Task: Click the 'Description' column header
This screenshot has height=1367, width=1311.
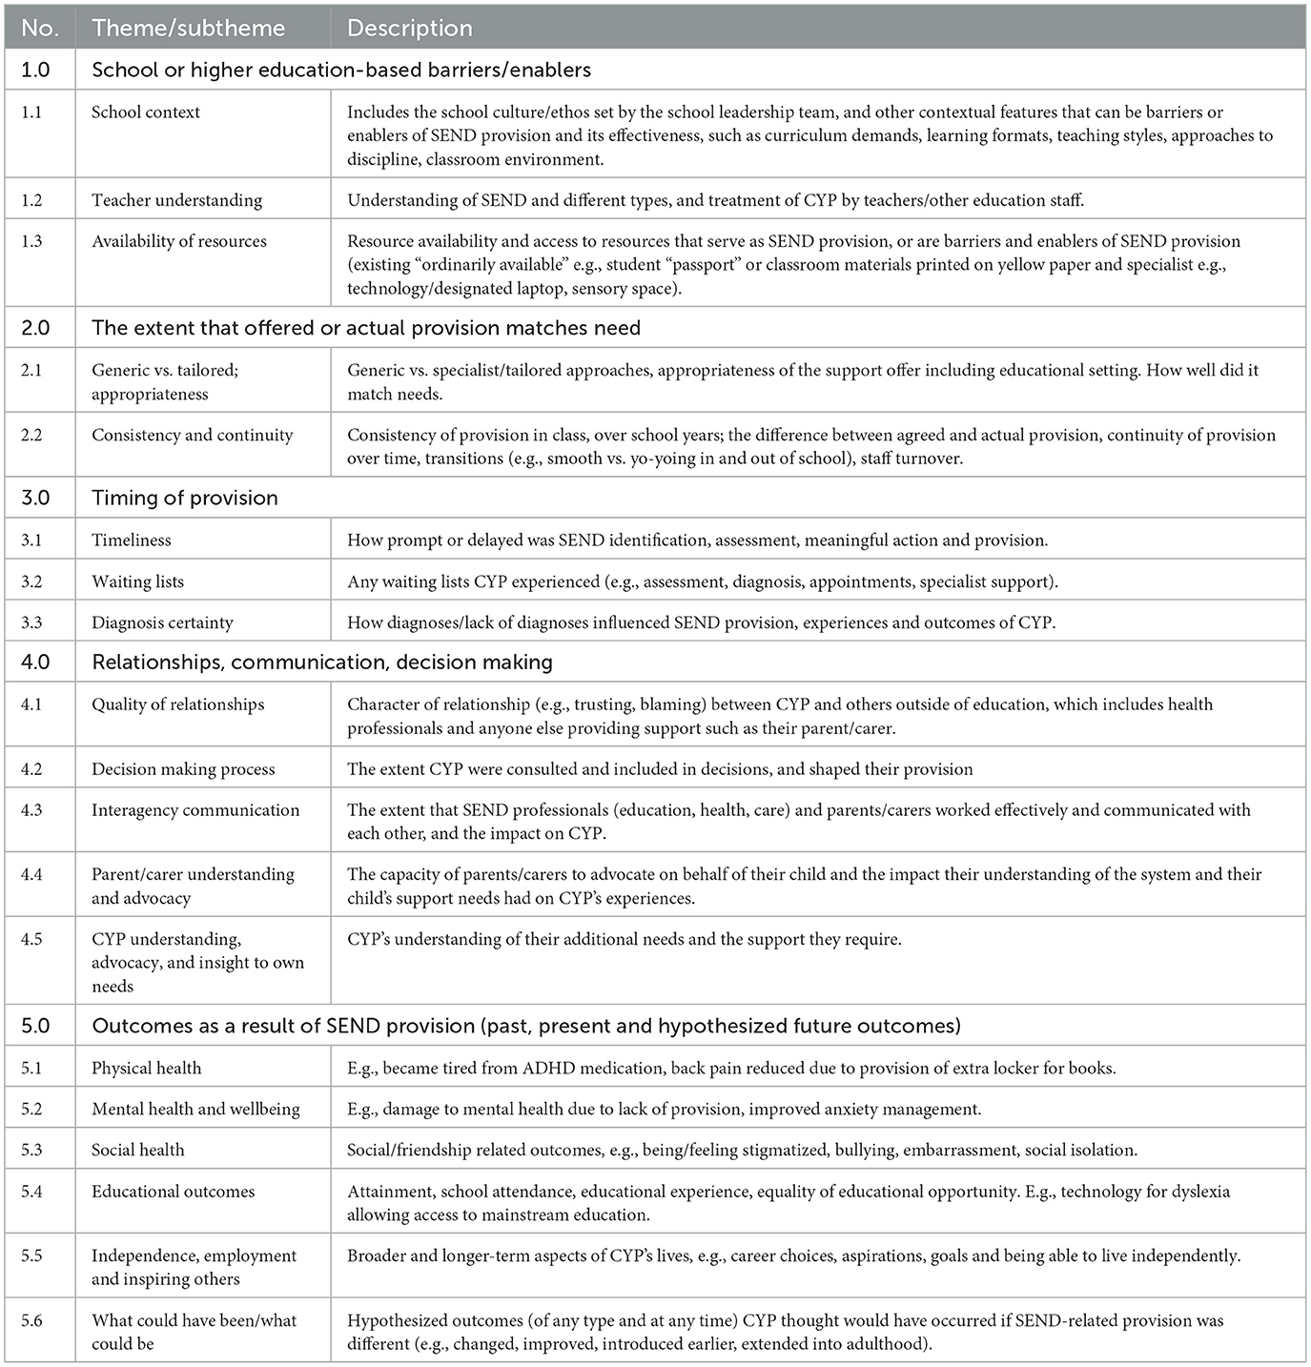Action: click(x=409, y=29)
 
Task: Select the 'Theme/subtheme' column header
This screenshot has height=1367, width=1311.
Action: click(x=188, y=29)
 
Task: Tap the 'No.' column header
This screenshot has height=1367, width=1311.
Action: click(x=39, y=29)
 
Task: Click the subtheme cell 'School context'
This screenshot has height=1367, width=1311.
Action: click(x=146, y=112)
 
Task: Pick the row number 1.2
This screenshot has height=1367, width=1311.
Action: click(x=31, y=200)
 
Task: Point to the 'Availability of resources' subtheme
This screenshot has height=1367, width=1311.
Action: click(x=179, y=241)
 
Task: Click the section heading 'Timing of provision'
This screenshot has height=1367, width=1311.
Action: click(x=185, y=498)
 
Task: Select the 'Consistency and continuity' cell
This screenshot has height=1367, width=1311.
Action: click(x=192, y=435)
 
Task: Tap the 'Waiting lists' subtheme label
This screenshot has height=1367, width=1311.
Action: click(x=137, y=581)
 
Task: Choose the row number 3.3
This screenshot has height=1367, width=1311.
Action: click(x=31, y=622)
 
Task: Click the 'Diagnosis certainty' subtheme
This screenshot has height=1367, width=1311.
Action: click(x=162, y=622)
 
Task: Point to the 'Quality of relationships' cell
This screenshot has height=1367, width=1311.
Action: click(x=177, y=704)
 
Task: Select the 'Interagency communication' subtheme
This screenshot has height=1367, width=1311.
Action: click(x=195, y=810)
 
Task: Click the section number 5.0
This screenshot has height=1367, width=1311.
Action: click(x=35, y=1026)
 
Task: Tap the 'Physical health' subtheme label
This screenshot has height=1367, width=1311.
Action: click(x=147, y=1068)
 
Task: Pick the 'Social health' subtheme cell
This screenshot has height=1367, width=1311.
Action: click(x=138, y=1150)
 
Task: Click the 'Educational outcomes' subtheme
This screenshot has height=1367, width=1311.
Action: click(x=174, y=1192)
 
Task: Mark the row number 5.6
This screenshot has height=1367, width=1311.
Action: click(x=31, y=1320)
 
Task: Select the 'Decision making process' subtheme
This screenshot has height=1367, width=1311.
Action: click(x=183, y=769)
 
